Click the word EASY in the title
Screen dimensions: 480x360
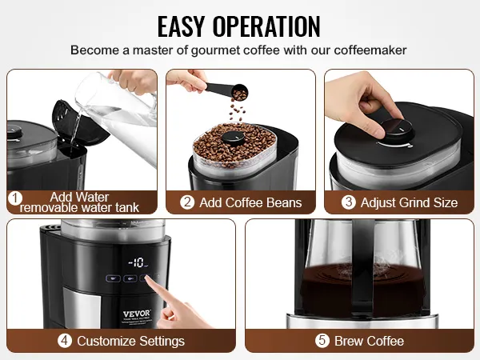tap(181, 26)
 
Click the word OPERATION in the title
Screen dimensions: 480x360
tap(266, 26)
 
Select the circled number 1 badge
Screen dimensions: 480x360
tap(14, 198)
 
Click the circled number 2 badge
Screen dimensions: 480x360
tap(187, 202)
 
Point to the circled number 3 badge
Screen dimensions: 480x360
tap(348, 202)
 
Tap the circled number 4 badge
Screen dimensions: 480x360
tap(65, 341)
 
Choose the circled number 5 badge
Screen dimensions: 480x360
tap(322, 341)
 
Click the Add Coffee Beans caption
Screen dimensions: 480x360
tap(250, 202)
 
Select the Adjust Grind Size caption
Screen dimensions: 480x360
tap(409, 202)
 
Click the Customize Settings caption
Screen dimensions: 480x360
tap(130, 341)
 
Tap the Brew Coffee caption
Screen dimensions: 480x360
tap(369, 341)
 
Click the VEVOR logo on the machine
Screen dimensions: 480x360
tap(137, 314)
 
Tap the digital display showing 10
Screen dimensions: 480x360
tap(138, 262)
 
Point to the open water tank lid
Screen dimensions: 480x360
tap(78, 122)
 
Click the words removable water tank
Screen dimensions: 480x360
tap(79, 208)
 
